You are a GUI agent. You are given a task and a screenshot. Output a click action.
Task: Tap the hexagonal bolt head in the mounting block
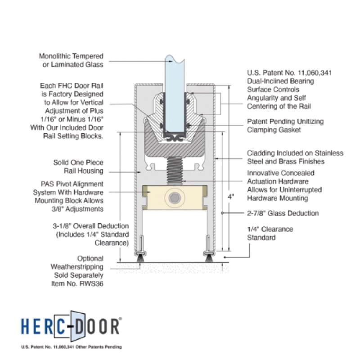click(175, 198)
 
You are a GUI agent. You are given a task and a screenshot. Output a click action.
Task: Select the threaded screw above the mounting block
click(175, 171)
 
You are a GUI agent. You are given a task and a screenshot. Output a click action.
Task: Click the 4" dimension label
click(231, 197)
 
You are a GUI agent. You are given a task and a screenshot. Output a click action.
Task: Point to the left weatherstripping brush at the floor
click(140, 258)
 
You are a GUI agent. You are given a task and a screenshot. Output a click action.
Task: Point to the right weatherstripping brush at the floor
click(208, 258)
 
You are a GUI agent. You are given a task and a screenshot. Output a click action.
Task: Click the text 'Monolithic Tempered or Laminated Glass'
click(71, 60)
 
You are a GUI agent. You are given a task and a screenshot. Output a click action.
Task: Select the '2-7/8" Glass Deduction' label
click(283, 213)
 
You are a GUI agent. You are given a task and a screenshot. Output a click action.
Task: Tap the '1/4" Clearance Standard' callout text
click(270, 233)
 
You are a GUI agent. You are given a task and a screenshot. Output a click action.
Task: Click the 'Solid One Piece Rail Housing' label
click(78, 166)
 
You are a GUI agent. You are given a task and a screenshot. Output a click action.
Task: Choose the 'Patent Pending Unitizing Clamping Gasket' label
click(285, 126)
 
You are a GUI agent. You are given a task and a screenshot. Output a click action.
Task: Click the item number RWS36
click(91, 283)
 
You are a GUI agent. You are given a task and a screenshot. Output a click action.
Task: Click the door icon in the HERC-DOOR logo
click(78, 326)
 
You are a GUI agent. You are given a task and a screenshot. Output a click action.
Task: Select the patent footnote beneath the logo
click(72, 347)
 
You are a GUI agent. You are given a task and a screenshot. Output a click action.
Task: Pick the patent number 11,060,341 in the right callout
click(315, 73)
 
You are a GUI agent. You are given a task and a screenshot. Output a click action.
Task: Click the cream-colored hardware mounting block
click(175, 198)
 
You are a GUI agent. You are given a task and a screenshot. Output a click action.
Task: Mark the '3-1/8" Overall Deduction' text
click(91, 226)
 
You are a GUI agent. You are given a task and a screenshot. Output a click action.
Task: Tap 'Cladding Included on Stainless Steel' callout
click(295, 157)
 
